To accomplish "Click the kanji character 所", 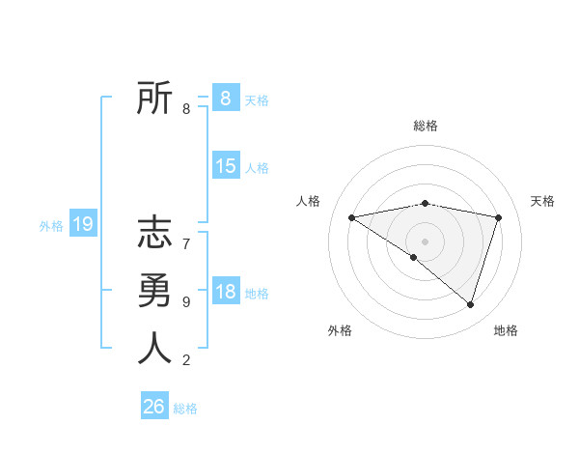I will [154, 99].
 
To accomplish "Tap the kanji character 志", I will [154, 234].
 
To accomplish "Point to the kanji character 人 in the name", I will [154, 348].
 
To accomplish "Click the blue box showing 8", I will [225, 98].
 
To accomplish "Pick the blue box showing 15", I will [225, 166].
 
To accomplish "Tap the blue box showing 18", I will [225, 292].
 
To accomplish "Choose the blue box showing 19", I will [82, 224].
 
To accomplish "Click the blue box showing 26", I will [154, 407].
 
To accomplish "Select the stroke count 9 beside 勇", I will [186, 302].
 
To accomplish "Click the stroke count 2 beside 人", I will [186, 360].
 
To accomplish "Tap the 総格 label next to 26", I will [185, 409].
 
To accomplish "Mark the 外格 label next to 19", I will [51, 226].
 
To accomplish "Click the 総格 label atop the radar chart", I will [425, 126].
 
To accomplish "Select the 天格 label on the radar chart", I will [542, 201].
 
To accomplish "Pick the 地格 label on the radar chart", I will [506, 330].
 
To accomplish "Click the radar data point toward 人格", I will [351, 217].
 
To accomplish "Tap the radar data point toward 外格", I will [414, 257].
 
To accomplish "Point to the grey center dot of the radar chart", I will [425, 241].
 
